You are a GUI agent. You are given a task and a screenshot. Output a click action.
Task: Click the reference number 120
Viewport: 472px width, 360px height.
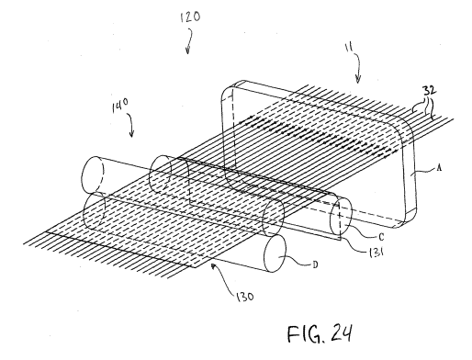(190, 17)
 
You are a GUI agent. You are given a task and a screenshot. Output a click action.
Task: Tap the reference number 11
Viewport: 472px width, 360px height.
(349, 48)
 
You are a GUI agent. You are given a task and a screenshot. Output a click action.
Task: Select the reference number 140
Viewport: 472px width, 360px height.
(120, 107)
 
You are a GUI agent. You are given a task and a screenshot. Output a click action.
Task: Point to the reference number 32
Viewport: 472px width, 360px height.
(430, 91)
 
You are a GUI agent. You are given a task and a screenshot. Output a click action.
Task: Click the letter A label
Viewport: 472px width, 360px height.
(439, 167)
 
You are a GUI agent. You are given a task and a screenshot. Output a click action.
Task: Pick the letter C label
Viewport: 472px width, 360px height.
(381, 237)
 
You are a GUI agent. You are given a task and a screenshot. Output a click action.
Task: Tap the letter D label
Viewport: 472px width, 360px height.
(315, 264)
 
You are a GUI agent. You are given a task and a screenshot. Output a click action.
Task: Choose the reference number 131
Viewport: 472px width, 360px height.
(376, 253)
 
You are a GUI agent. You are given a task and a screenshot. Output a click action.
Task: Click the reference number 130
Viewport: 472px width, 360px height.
(244, 297)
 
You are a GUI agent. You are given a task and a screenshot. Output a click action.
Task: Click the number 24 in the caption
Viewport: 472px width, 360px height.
(342, 333)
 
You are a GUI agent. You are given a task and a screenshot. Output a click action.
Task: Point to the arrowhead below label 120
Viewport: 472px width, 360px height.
(188, 51)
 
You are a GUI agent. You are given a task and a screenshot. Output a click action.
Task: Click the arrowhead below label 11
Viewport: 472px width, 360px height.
(358, 80)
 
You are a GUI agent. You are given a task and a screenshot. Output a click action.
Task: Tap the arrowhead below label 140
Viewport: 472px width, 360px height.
(132, 134)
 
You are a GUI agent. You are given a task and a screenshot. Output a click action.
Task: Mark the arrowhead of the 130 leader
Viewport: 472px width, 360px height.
(213, 266)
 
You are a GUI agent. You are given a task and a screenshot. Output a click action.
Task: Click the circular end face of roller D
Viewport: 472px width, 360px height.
(275, 253)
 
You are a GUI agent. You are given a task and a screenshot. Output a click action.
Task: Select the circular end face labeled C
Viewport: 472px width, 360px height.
(341, 216)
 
